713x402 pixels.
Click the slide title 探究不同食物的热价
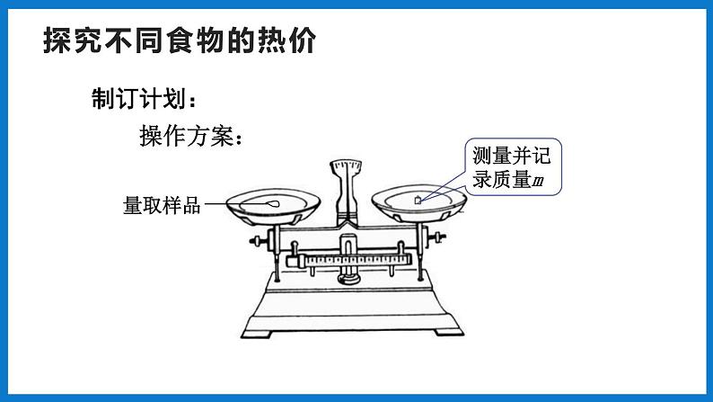click(180, 40)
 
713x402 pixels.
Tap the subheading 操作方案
click(190, 136)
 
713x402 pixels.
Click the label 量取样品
click(162, 205)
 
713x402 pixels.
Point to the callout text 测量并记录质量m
click(512, 167)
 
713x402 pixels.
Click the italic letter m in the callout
click(538, 182)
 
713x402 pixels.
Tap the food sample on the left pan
click(273, 203)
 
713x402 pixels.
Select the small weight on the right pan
click(418, 200)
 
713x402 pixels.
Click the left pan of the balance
click(273, 207)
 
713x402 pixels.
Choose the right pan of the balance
click(418, 203)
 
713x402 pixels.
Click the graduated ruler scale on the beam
click(358, 261)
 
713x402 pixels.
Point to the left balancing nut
click(258, 241)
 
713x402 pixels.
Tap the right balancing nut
click(436, 237)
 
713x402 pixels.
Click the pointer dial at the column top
click(346, 166)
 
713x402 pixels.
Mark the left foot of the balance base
click(257, 334)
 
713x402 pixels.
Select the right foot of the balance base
click(449, 332)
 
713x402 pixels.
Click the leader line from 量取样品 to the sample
click(236, 203)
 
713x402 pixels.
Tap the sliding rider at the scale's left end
click(301, 262)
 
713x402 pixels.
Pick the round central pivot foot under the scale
click(348, 277)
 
